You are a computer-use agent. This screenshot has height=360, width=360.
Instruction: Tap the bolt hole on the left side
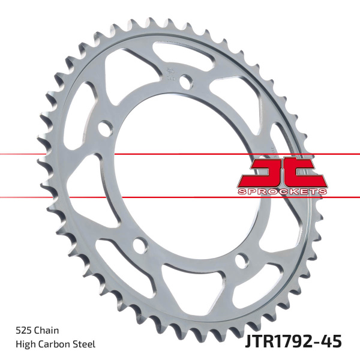pyautogui.click(x=104, y=128)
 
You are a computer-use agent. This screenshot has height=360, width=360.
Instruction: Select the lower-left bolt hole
pyautogui.click(x=139, y=245)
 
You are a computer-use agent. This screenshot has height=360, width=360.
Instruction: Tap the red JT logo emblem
pyautogui.click(x=281, y=172)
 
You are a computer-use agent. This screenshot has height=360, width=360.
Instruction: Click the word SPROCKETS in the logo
pyautogui.click(x=281, y=190)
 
